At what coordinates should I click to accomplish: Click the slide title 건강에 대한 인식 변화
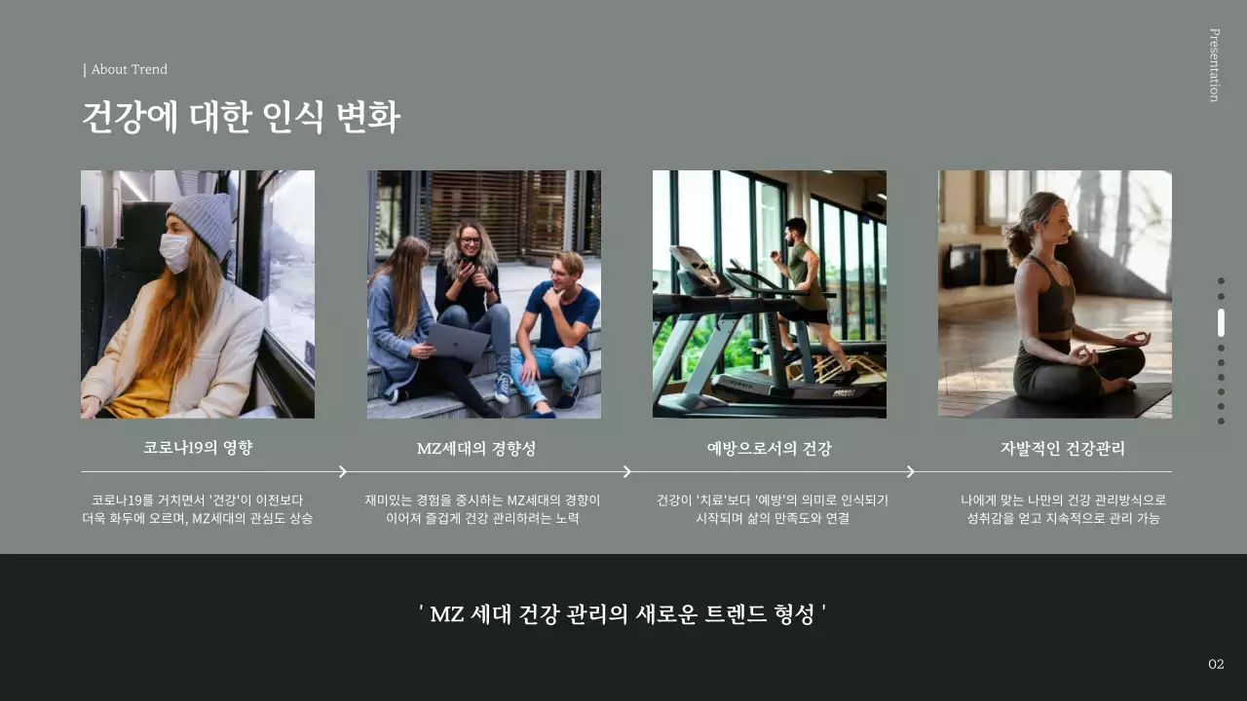tap(240, 118)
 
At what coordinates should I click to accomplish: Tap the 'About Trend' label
tap(129, 69)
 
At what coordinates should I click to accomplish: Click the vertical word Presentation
tap(1214, 64)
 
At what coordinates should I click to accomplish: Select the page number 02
tap(1216, 664)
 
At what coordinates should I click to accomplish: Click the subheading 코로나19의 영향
tap(198, 448)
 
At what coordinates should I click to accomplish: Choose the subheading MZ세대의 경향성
tap(476, 449)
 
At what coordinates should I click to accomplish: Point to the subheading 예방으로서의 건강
tap(769, 449)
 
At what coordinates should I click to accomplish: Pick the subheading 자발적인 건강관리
tap(1062, 449)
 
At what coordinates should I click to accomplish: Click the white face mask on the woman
tap(175, 251)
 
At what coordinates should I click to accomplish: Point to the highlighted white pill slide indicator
tap(1221, 322)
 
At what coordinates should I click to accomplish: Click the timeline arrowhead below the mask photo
tap(343, 472)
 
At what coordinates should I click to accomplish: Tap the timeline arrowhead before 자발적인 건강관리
tap(911, 472)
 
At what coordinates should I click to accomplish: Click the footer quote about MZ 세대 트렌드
tap(623, 614)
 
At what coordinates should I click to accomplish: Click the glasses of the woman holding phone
tap(470, 240)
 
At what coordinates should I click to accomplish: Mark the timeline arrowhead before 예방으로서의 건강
tap(627, 472)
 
